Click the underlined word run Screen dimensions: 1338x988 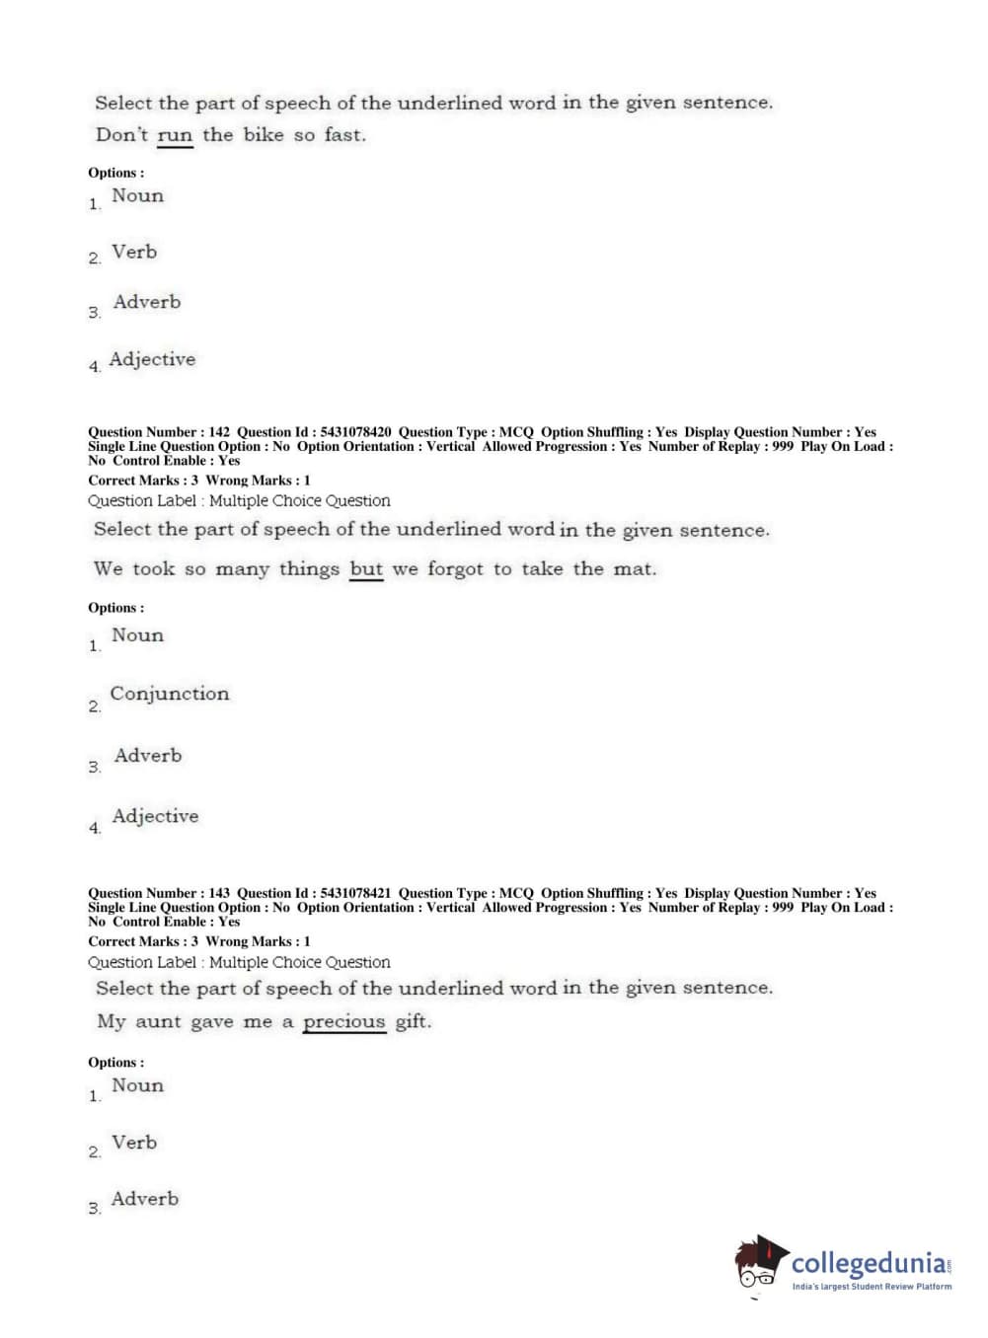[175, 135]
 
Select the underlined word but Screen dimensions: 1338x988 [366, 569]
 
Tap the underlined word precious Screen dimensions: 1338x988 [343, 1022]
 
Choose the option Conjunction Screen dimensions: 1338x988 [169, 694]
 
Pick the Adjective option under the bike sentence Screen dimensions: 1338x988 [152, 360]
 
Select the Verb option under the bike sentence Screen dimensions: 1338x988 [134, 253]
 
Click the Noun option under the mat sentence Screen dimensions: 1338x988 [137, 635]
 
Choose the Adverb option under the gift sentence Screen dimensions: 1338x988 [145, 1199]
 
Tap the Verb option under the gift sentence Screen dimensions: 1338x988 [134, 1143]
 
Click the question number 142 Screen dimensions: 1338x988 [219, 432]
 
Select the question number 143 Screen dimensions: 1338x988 [219, 893]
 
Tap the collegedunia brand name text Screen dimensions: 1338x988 [869, 1263]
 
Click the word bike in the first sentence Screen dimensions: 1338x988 [264, 135]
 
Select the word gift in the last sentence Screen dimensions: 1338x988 [413, 1022]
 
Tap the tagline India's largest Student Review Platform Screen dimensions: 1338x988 [872, 1287]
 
